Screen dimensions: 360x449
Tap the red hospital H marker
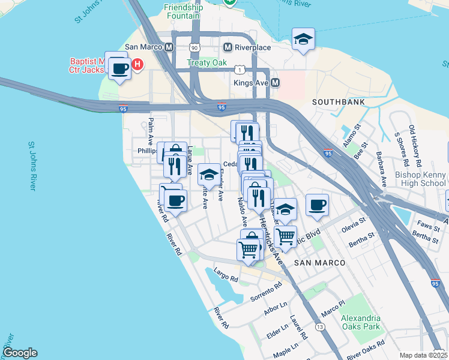click(137, 64)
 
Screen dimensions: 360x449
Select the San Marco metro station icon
click(169, 47)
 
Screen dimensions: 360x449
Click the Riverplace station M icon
click(228, 47)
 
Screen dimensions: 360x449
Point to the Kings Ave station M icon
click(276, 82)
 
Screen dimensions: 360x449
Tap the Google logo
click(20, 353)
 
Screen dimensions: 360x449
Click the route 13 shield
click(321, 327)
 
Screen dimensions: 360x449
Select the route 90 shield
click(193, 47)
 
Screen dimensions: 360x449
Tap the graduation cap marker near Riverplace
click(303, 40)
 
